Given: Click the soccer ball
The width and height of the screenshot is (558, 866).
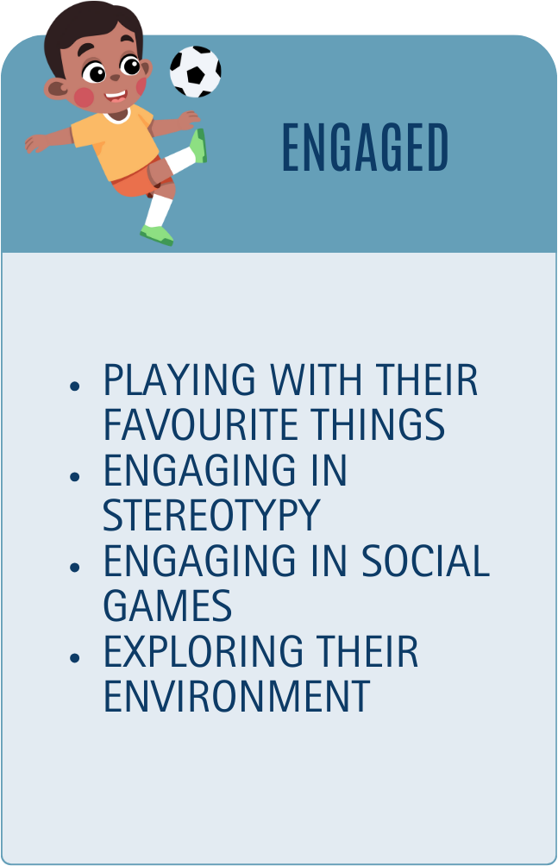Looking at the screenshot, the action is coord(196,72).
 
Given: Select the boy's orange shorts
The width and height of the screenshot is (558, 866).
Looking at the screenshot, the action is coord(141,178).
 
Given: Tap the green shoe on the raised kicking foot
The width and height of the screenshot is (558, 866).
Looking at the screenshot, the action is coord(199,145).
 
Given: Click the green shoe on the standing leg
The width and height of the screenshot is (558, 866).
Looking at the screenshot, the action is coord(157,235).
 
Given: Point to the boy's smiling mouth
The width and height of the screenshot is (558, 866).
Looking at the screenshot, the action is coord(116,96).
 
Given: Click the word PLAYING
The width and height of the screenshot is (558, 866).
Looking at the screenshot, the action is coord(179,380).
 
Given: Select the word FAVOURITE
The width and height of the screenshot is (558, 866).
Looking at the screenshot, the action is coord(200,424).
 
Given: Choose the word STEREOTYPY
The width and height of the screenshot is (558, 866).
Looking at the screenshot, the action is coord(211,515).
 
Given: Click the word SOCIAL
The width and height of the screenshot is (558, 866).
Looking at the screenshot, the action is coord(425,561).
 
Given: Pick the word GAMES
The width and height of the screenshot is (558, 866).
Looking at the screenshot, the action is coord(167,606).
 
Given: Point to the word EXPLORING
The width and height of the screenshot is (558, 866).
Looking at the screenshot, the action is coord(204,651).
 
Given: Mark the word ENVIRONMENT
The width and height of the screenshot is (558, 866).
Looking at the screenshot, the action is coord(236,696).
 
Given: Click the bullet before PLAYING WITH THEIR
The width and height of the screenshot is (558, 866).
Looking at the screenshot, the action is coord(75,386).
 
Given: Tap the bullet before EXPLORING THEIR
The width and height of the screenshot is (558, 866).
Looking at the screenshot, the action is coord(75,657).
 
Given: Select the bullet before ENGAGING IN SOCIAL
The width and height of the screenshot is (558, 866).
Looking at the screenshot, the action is coord(75,567).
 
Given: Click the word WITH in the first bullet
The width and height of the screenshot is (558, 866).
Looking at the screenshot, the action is coord(316,380).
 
